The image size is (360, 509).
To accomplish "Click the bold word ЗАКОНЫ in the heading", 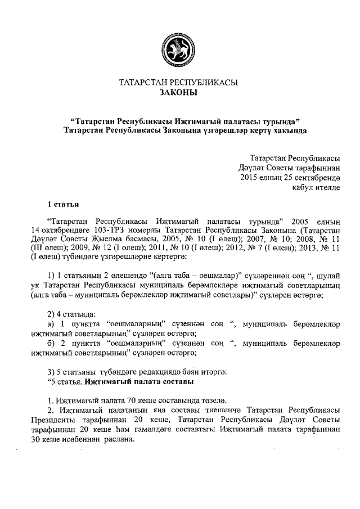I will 179,93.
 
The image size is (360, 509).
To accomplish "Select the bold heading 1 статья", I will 62,204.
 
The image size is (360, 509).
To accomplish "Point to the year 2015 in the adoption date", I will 249,178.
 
